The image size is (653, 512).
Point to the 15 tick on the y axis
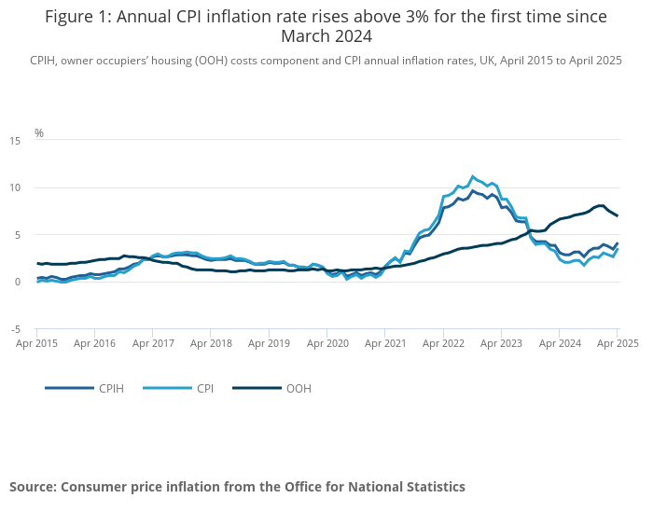[15, 141]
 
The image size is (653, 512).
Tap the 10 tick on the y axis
[15, 187]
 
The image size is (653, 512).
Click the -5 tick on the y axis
[15, 329]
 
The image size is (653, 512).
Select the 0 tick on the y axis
[18, 282]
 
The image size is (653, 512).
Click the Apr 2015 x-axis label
[37, 343]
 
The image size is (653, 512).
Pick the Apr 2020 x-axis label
[327, 343]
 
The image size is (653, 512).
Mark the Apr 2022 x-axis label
[443, 343]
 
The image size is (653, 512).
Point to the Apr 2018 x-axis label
[211, 343]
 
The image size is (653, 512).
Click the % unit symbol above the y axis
[39, 133]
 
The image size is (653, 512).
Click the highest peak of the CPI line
[473, 176]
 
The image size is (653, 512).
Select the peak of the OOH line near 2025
[601, 205]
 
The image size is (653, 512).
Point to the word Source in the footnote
[33, 487]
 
